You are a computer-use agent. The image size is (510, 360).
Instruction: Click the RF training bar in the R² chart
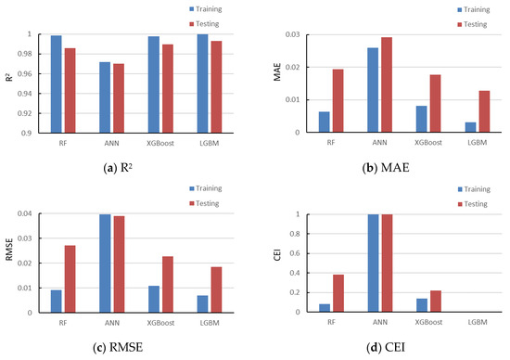[57, 84]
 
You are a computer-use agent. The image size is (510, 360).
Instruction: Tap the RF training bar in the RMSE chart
[57, 301]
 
